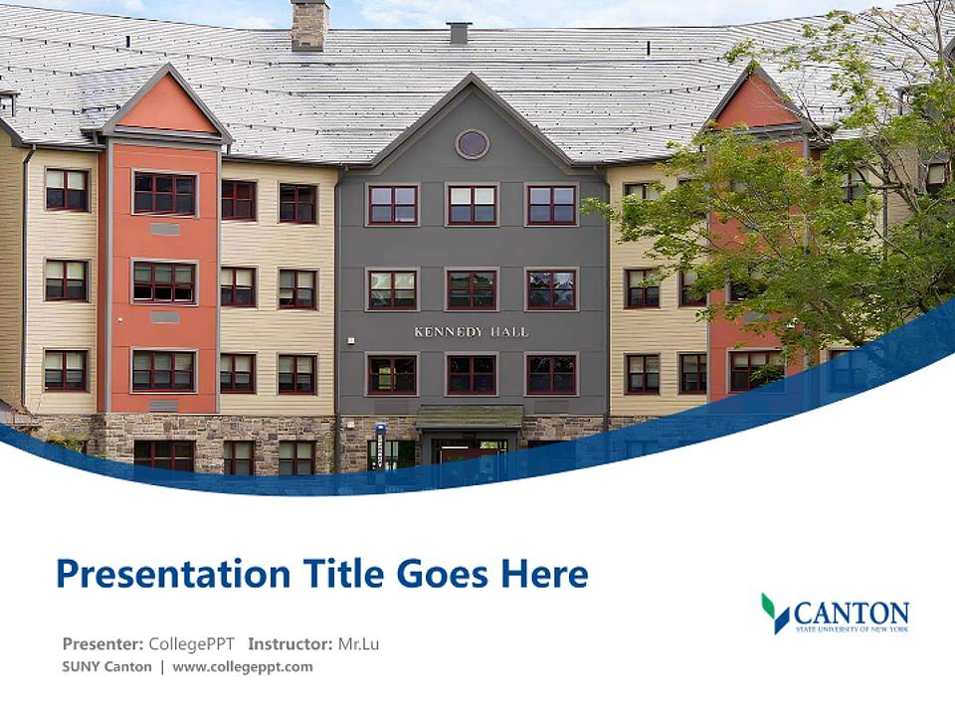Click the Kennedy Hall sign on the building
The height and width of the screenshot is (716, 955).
(x=471, y=331)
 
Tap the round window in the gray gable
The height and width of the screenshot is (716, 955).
(x=473, y=144)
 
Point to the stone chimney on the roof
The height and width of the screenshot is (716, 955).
(x=309, y=25)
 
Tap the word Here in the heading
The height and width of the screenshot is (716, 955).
(x=544, y=574)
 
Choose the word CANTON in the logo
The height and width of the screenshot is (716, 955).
(x=852, y=612)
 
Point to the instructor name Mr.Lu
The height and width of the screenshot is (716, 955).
(x=358, y=643)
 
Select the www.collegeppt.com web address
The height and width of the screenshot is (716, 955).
(x=243, y=667)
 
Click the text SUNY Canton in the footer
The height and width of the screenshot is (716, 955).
(x=107, y=667)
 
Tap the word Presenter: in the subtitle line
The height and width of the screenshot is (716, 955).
(x=102, y=643)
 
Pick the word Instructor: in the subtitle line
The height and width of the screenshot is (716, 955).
(x=290, y=643)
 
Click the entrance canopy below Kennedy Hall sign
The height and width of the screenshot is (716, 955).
(x=470, y=418)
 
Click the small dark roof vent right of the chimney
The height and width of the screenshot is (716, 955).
(x=459, y=33)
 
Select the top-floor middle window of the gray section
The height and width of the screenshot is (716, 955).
(x=472, y=204)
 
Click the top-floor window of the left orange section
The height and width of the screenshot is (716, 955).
(x=164, y=193)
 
